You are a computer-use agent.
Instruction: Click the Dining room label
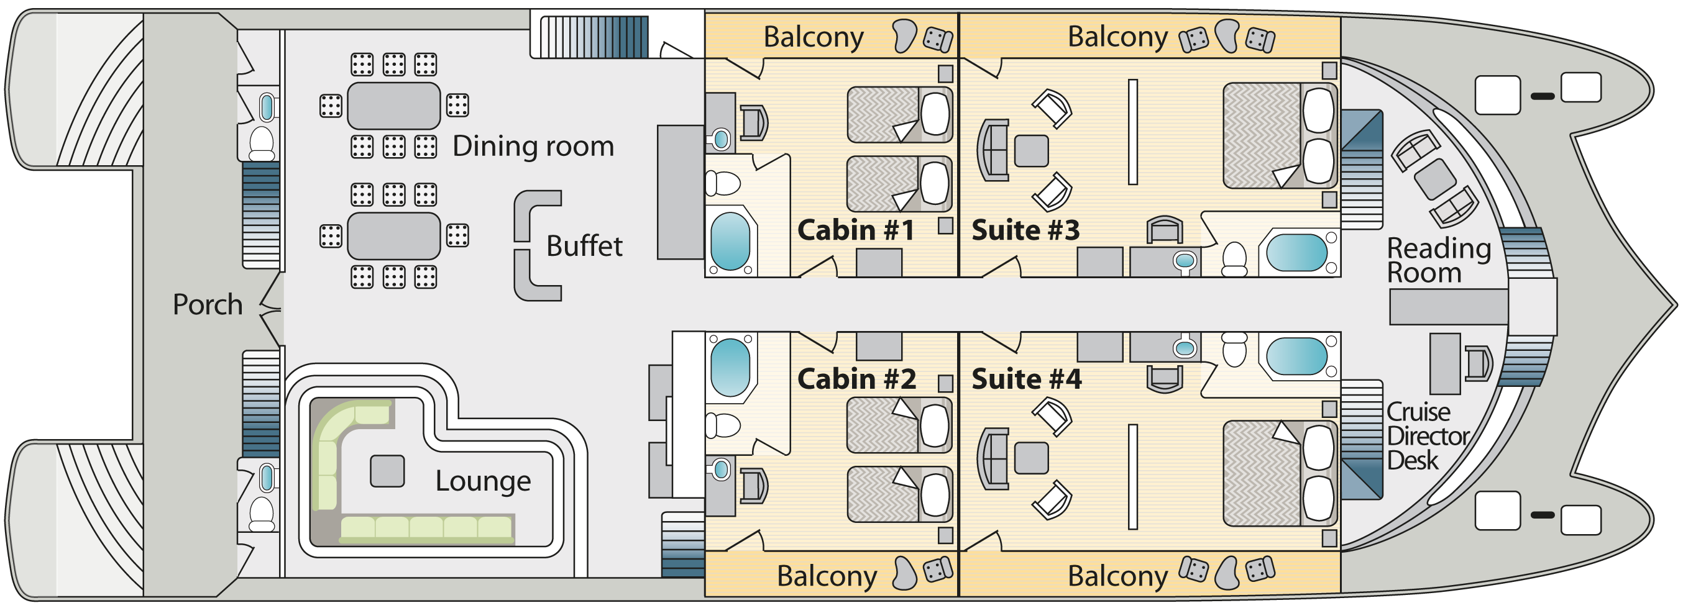click(x=533, y=147)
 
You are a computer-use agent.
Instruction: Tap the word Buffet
click(x=584, y=246)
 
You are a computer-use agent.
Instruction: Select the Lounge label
click(x=483, y=481)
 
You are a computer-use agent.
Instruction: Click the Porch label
click(x=207, y=305)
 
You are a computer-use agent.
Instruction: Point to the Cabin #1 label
click(x=856, y=230)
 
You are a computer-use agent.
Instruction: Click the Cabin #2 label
click(x=856, y=379)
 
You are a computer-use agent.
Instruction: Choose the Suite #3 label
click(x=1025, y=230)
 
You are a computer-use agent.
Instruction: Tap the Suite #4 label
click(x=1027, y=379)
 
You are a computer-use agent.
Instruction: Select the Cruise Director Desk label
click(x=1428, y=436)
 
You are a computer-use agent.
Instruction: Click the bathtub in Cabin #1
click(x=730, y=241)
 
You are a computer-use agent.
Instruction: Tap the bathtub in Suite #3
click(x=1297, y=253)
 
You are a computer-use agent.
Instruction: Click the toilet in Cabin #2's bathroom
click(x=723, y=425)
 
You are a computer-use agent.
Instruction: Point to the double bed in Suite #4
click(x=1278, y=473)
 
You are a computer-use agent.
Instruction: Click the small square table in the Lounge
click(x=387, y=471)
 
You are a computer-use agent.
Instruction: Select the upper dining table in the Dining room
click(x=393, y=106)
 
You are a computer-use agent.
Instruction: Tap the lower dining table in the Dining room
click(x=393, y=236)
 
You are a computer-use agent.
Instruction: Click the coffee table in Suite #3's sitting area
click(x=1031, y=151)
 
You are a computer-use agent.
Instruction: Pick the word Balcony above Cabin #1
click(x=814, y=37)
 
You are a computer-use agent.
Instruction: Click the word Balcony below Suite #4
click(x=1117, y=577)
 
